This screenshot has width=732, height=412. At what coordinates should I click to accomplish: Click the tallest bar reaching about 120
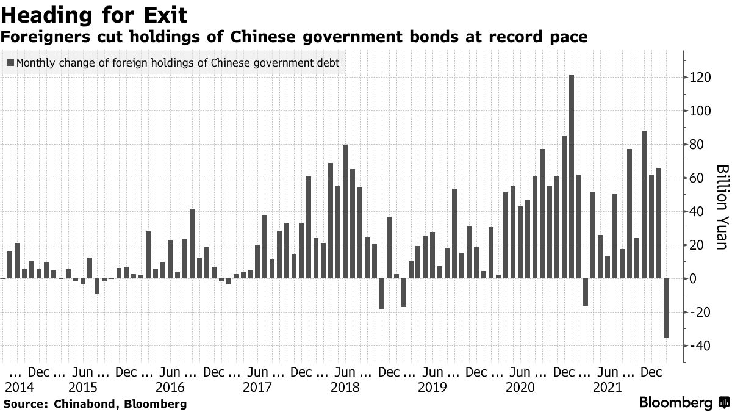(572, 177)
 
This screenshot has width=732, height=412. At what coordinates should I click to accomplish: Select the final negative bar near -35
(666, 308)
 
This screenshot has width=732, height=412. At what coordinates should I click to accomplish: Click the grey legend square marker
(10, 62)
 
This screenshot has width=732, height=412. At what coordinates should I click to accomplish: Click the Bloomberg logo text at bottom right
(675, 403)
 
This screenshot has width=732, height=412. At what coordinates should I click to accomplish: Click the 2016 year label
(170, 387)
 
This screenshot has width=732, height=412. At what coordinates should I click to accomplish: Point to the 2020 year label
(520, 387)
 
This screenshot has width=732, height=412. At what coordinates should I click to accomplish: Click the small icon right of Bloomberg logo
(724, 403)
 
